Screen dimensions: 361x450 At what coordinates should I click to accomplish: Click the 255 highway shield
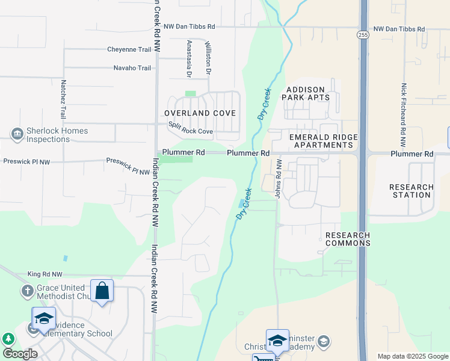point(363,35)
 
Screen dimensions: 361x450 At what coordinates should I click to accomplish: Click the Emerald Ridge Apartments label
point(323,141)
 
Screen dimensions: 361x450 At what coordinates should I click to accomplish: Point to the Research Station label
point(411,191)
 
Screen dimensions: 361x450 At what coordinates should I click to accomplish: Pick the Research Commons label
point(348,239)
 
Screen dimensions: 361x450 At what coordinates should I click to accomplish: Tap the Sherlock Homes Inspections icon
point(17,133)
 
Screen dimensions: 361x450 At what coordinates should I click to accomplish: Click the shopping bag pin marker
point(102,291)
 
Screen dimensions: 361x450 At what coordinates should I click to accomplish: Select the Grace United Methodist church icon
point(27,292)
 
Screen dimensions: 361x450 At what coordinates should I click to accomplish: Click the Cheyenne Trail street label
point(129,49)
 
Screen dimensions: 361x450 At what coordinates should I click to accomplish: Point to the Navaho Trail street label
point(132,68)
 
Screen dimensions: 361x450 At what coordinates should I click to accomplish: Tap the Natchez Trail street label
point(63,99)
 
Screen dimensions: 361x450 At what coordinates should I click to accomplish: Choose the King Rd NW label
point(45,274)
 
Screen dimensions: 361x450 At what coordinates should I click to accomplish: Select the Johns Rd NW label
point(279,179)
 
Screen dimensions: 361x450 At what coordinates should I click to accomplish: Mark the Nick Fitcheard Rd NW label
point(404,116)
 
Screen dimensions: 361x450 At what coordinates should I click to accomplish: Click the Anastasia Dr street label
point(189,59)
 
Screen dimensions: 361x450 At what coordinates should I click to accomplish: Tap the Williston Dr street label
point(208,58)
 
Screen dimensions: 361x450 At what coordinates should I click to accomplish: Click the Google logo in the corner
point(20,354)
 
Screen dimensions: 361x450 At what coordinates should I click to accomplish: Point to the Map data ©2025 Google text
point(413,356)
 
